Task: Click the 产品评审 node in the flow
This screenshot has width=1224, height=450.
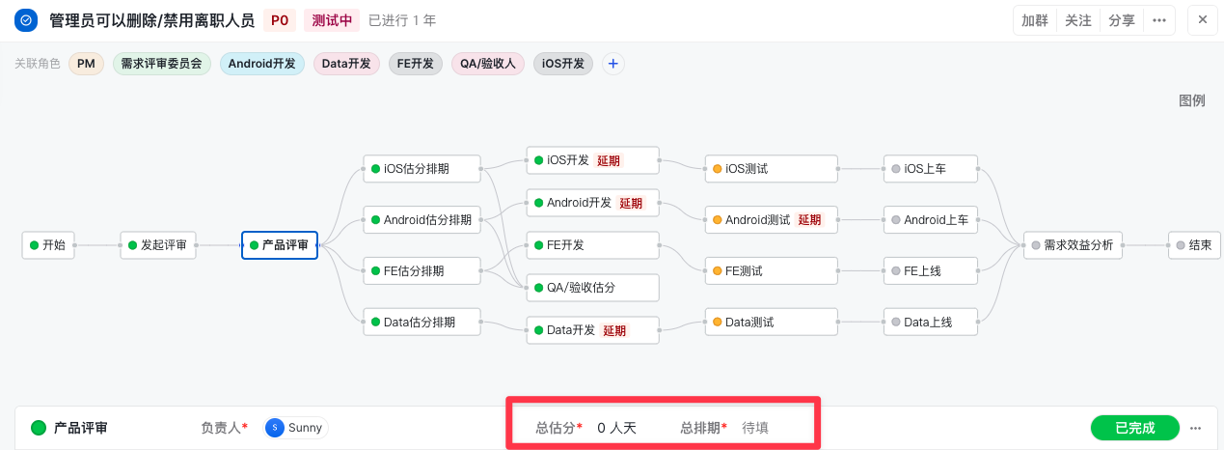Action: point(279,245)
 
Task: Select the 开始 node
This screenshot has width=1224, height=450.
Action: point(48,245)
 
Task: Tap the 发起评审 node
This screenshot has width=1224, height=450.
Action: point(158,245)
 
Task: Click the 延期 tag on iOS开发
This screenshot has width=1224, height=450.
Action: point(609,160)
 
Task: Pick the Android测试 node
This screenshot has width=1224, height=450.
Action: point(771,220)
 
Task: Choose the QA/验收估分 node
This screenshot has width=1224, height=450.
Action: point(592,288)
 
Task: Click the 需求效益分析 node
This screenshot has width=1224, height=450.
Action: point(1073,245)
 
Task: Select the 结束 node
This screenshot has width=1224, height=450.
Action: point(1194,245)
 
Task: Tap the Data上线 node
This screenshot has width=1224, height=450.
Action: point(930,323)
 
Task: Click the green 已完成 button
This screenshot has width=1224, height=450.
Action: point(1135,428)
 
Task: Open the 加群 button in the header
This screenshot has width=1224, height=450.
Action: point(1034,21)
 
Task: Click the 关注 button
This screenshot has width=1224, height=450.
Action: point(1077,21)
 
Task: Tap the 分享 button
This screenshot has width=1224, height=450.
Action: point(1121,21)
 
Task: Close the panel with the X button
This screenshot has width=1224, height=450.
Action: point(1202,20)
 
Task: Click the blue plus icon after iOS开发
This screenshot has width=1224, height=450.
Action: point(613,64)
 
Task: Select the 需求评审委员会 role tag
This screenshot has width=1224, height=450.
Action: point(161,64)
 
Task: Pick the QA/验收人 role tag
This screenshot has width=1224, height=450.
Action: point(487,64)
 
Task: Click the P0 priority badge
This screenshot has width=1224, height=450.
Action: point(279,20)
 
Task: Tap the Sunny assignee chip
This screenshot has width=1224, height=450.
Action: point(295,428)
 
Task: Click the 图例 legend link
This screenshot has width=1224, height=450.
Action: point(1191,100)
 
